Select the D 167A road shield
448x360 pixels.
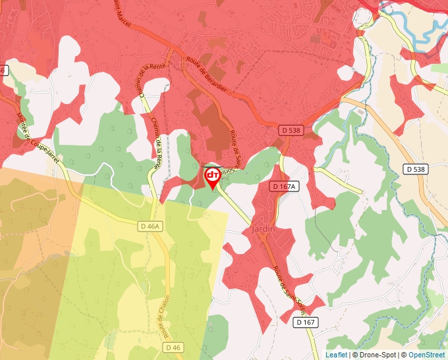pyautogui.click(x=285, y=187)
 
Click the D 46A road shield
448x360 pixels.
pyautogui.click(x=151, y=226)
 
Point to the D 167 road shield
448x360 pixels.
pyautogui.click(x=306, y=322)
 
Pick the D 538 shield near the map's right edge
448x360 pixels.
pyautogui.click(x=416, y=169)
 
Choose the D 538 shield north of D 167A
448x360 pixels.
pyautogui.click(x=289, y=130)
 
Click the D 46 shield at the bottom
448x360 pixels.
pyautogui.click(x=173, y=347)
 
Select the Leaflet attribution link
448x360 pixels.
pyautogui.click(x=336, y=355)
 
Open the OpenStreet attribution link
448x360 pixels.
pyautogui.click(x=426, y=355)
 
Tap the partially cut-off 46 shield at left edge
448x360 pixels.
pyautogui.click(x=3, y=70)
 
